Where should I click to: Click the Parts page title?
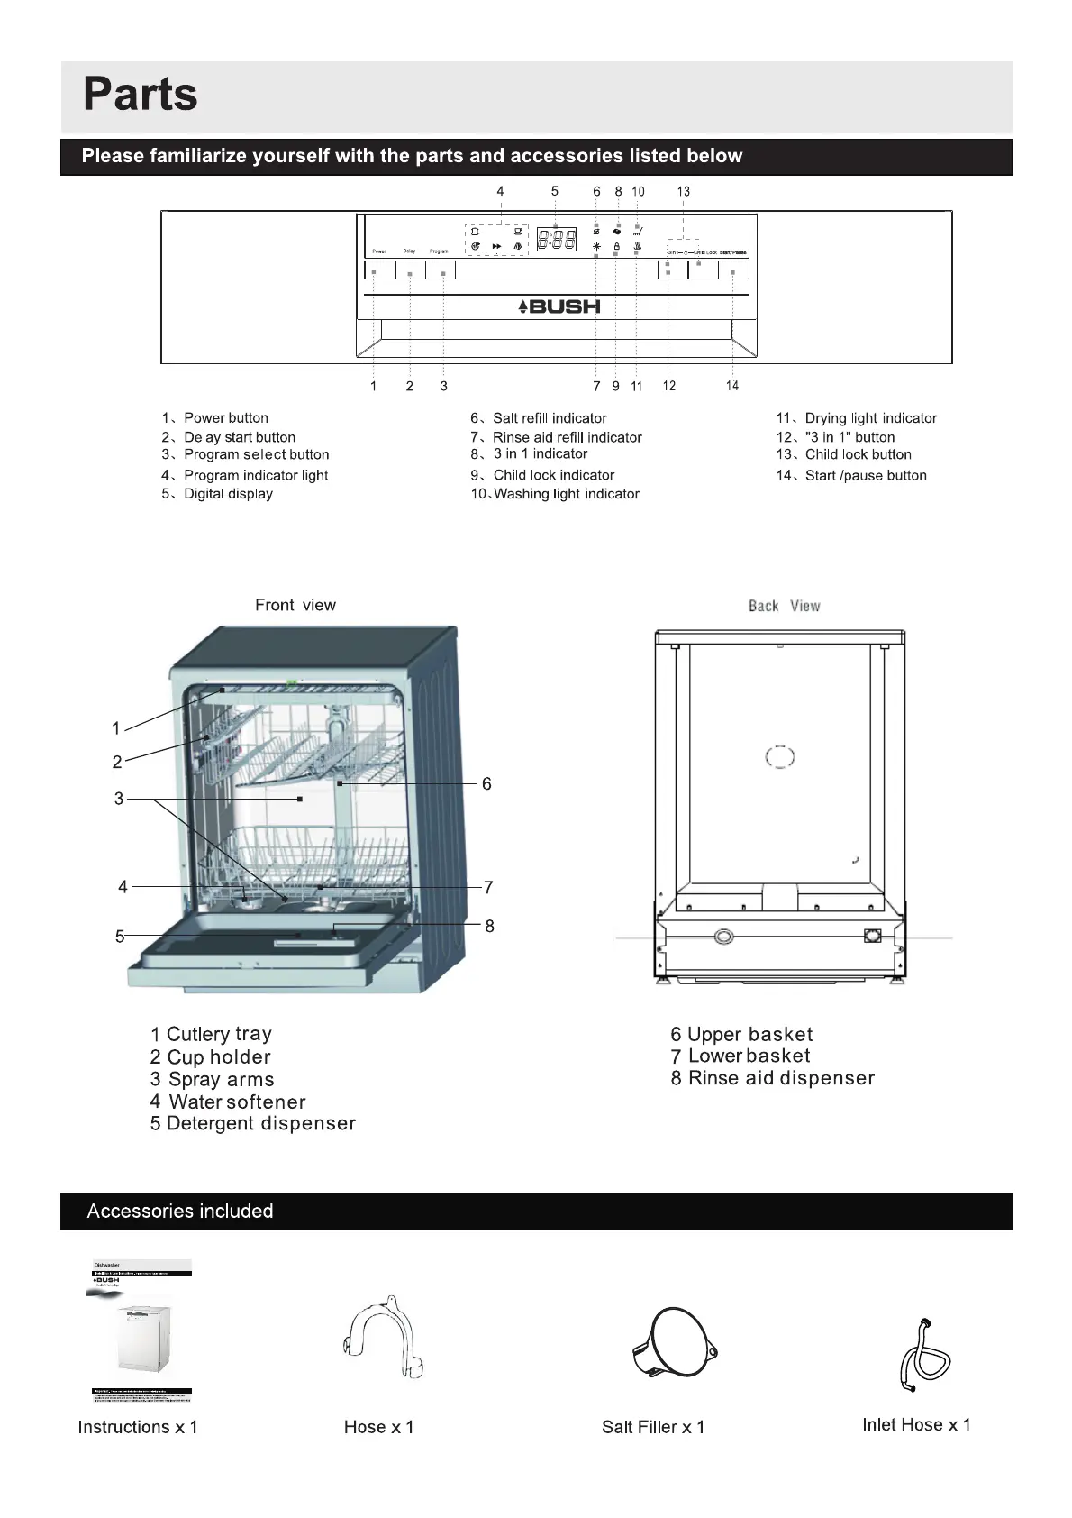[141, 94]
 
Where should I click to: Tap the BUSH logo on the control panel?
[559, 306]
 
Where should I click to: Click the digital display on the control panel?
[557, 240]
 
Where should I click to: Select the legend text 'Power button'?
[225, 418]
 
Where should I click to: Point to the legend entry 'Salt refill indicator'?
[550, 418]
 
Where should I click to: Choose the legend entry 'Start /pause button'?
[865, 476]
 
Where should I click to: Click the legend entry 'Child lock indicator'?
[553, 475]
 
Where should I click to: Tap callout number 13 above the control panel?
[684, 191]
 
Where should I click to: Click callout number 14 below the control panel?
[732, 386]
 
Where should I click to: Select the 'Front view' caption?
[295, 605]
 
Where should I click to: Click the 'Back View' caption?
[784, 606]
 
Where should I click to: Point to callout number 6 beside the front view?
[486, 784]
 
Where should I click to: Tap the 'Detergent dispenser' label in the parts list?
[260, 1124]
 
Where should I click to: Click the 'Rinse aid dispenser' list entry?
[781, 1078]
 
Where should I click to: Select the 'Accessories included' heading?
[180, 1211]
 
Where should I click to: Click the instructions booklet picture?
[141, 1331]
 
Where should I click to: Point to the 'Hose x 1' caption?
[378, 1427]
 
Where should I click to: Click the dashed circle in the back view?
[780, 757]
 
